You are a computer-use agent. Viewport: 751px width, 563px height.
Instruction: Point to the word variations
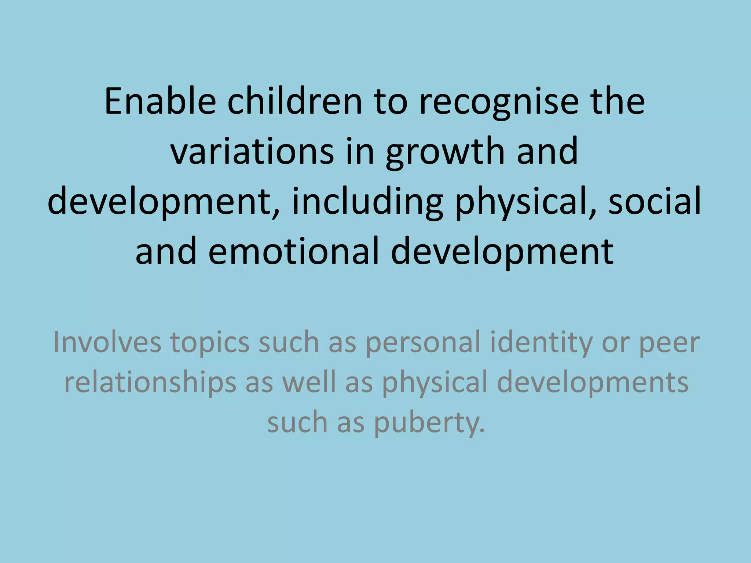253,151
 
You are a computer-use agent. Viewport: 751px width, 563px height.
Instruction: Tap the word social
655,201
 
